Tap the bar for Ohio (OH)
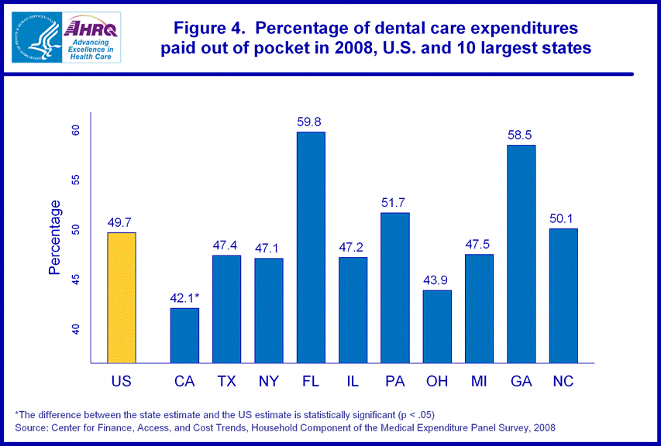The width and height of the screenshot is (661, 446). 437,327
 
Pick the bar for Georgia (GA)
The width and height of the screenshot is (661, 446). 521,254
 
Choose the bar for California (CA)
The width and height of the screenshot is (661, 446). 184,335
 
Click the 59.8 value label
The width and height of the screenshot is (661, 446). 311,122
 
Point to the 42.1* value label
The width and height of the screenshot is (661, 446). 185,297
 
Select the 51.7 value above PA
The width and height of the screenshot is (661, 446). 394,202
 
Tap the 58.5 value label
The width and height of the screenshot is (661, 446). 521,135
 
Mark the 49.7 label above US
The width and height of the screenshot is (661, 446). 122,222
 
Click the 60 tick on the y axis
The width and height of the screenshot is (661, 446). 76,131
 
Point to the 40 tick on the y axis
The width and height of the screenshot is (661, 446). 76,329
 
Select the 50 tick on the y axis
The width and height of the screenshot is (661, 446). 76,230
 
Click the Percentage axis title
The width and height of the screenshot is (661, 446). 55,237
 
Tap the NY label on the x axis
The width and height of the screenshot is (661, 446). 268,381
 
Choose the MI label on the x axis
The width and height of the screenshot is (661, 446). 479,381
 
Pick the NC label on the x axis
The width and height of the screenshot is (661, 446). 563,381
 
